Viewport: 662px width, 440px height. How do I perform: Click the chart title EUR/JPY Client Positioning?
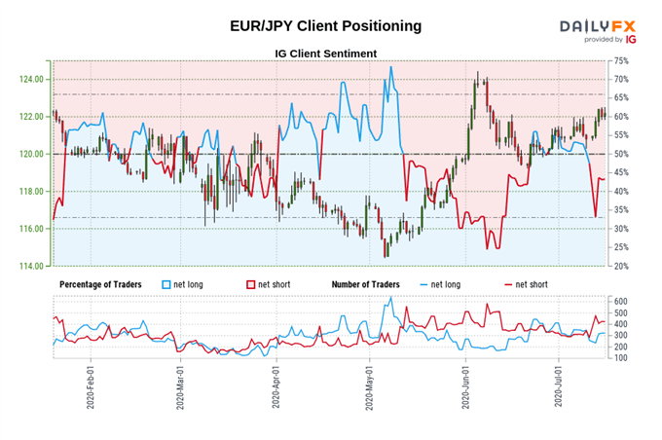326,26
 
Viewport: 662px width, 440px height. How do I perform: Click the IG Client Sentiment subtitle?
326,53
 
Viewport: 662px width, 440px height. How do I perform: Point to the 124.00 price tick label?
32,79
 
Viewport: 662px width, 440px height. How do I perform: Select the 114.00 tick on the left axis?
32,266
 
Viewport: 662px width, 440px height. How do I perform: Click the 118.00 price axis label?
32,192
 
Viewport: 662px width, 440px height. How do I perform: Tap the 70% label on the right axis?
620,79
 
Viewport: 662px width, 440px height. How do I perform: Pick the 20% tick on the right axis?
620,266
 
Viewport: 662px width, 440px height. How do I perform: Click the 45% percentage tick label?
620,172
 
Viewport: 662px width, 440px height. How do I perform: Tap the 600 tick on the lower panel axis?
620,302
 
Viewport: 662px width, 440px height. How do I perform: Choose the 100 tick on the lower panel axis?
620,357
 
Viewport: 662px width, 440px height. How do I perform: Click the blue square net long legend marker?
166,284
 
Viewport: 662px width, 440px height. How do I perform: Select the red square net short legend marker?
251,284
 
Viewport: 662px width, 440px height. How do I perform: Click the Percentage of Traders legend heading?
101,284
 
